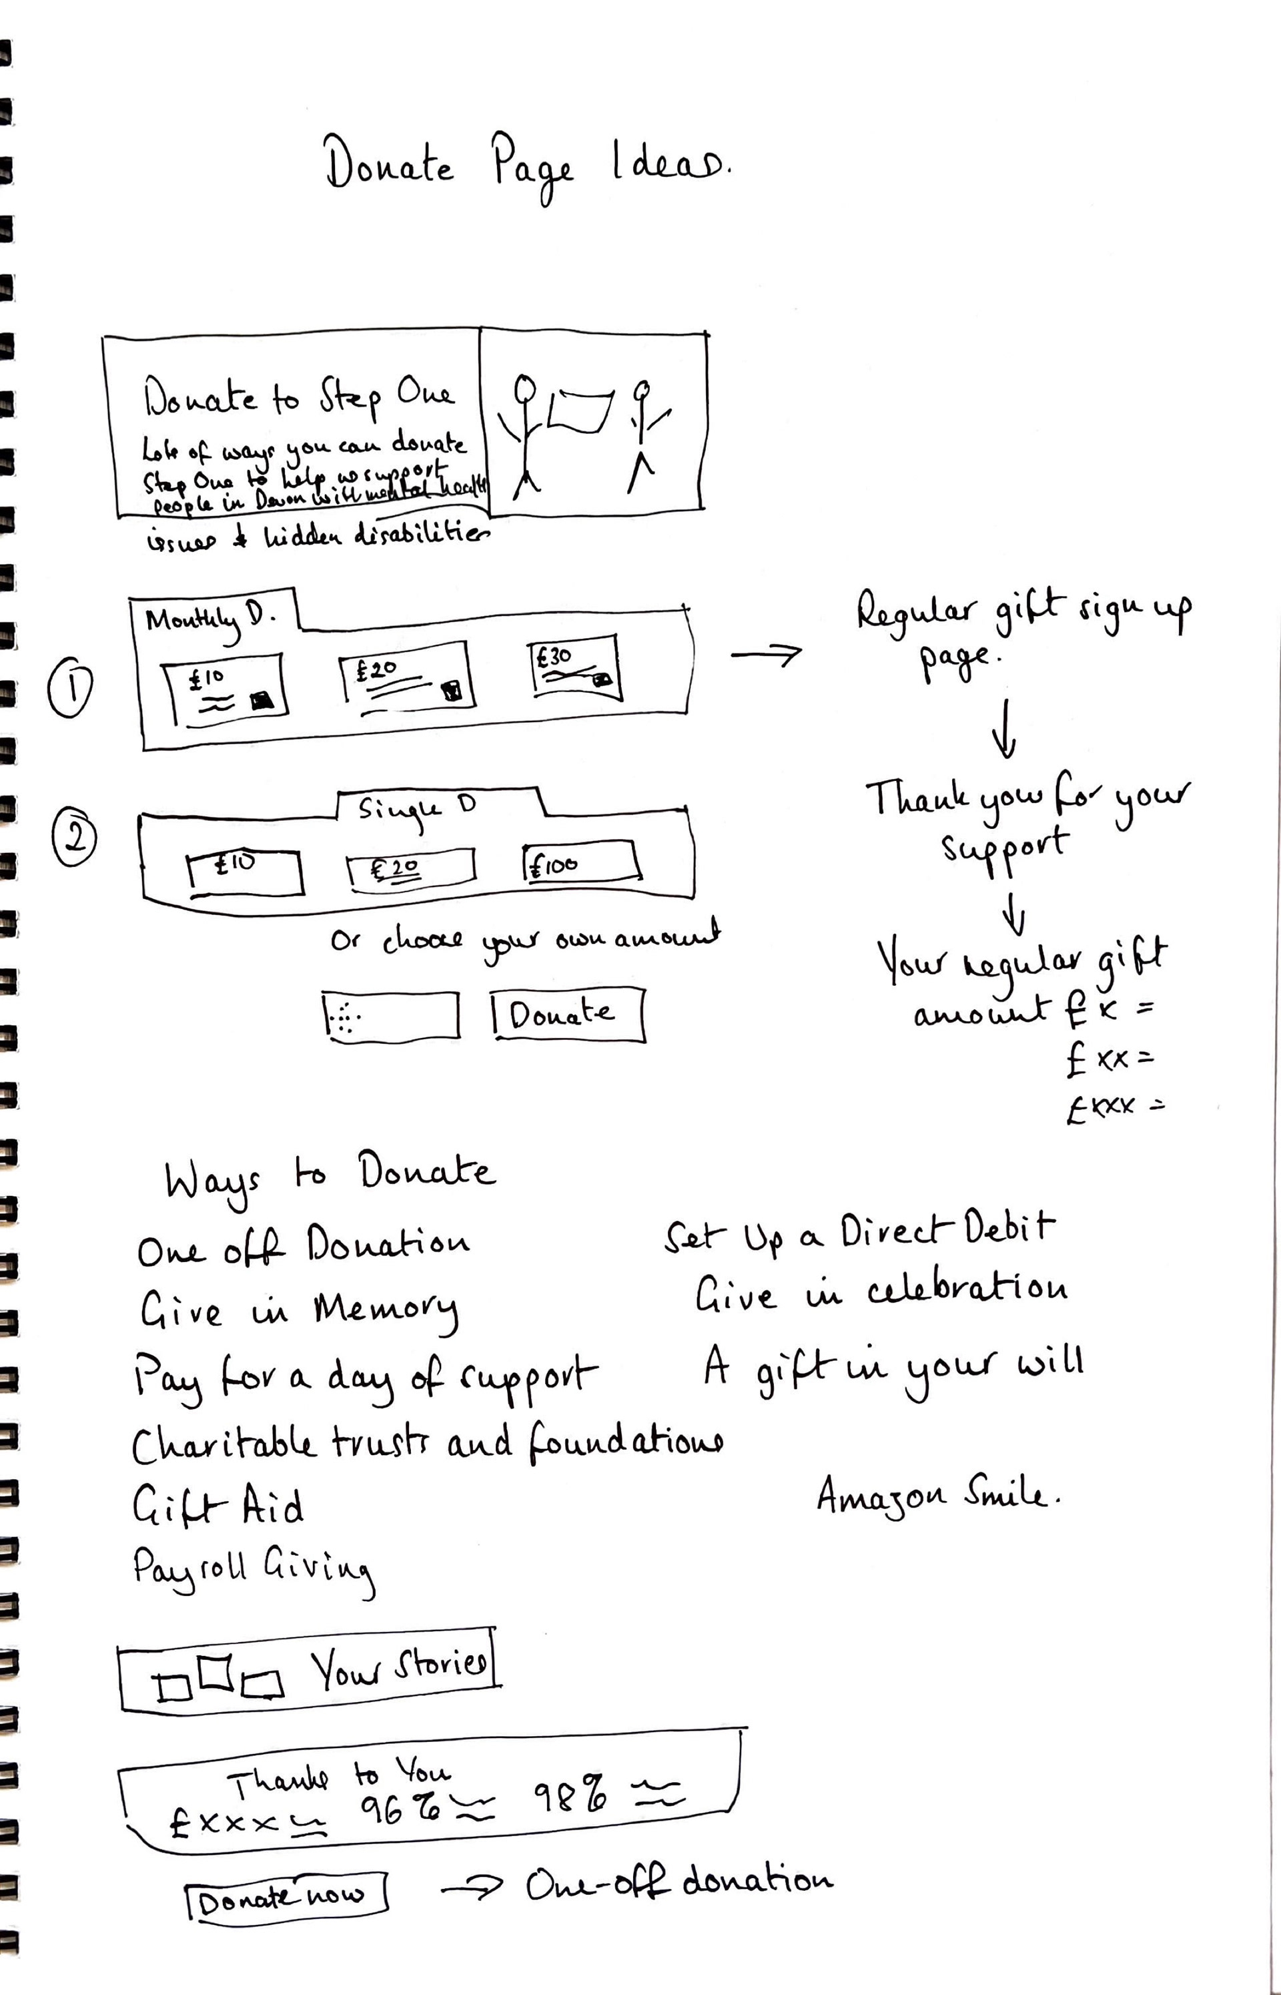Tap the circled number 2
click(x=74, y=838)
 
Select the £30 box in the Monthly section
click(x=575, y=667)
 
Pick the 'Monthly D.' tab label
click(x=209, y=620)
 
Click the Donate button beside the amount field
click(x=566, y=1013)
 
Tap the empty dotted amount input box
click(x=390, y=1016)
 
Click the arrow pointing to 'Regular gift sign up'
click(x=765, y=655)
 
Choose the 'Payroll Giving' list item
click(x=253, y=1570)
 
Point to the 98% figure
click(x=570, y=1795)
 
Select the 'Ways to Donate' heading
click(x=330, y=1175)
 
